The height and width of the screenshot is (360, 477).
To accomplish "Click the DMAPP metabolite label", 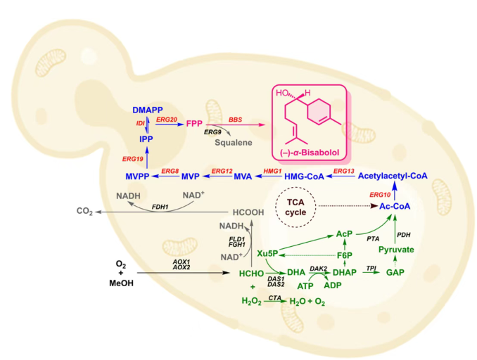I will [148, 110].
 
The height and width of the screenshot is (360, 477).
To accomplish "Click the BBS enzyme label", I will [235, 119].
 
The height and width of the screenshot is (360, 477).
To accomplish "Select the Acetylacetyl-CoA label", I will [393, 176].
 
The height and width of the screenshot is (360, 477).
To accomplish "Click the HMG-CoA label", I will [305, 176].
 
